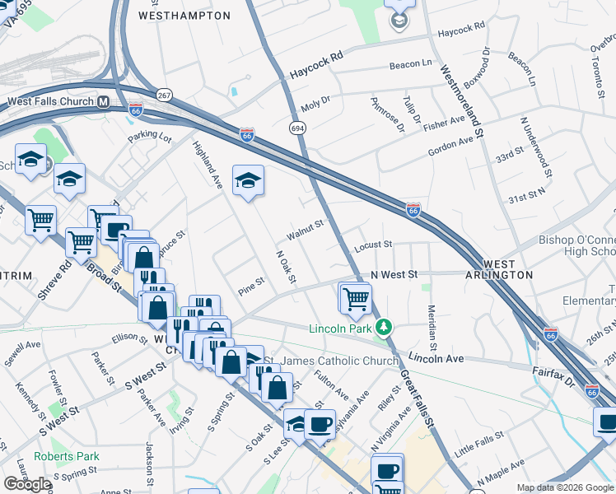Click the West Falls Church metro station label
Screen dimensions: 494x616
pos(50,102)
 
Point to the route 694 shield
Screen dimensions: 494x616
pos(297,128)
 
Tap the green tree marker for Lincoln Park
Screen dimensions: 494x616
pos(382,329)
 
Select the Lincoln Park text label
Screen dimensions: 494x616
pos(340,329)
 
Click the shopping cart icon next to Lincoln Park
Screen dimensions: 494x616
pos(357,297)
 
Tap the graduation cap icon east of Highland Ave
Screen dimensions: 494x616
pos(248,181)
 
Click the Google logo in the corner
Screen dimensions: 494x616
pos(27,484)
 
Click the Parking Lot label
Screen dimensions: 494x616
pos(149,137)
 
